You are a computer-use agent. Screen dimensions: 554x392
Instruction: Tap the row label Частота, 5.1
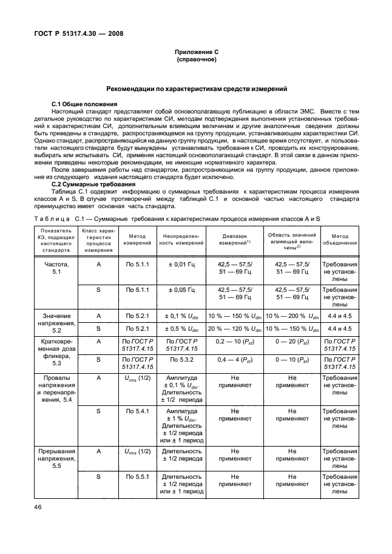57,269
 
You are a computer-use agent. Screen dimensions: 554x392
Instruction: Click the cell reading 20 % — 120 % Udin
234,328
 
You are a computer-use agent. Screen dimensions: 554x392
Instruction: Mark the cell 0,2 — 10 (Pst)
234,342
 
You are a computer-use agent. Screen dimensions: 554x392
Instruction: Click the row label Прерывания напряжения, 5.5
57,459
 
